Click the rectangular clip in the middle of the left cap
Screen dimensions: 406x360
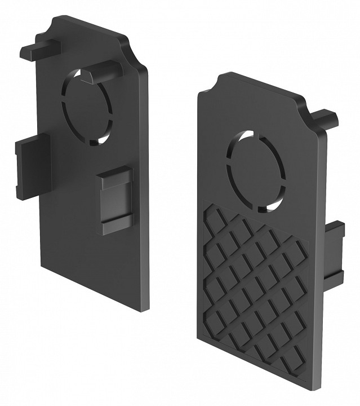[x=115, y=200]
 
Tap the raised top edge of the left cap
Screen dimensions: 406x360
[x=90, y=26]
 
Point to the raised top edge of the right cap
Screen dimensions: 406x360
[x=259, y=82]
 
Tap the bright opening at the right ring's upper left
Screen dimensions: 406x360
[x=239, y=138]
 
